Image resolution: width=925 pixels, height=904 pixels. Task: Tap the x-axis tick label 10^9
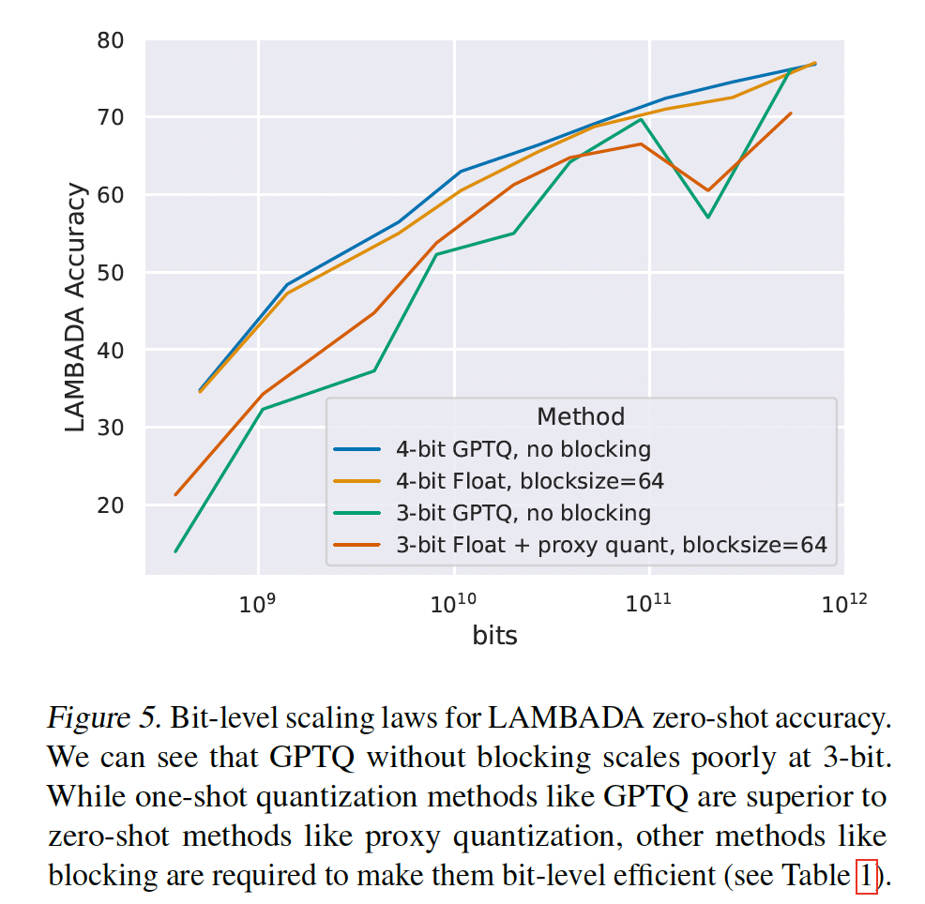pyautogui.click(x=256, y=602)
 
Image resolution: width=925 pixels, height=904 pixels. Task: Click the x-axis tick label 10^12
pyautogui.click(x=841, y=602)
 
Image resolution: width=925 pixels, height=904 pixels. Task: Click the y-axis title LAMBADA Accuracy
pyautogui.click(x=76, y=308)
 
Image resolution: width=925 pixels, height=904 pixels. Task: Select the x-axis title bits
pyautogui.click(x=495, y=636)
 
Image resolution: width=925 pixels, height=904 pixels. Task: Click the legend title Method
pyautogui.click(x=581, y=415)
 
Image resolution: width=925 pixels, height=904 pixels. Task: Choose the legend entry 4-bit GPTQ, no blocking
pyautogui.click(x=523, y=449)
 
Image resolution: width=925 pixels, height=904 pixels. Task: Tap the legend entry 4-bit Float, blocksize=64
pyautogui.click(x=529, y=481)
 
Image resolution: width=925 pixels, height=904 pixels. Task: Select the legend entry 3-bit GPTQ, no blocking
pyautogui.click(x=523, y=513)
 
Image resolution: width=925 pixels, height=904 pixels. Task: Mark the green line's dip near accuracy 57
pyautogui.click(x=708, y=218)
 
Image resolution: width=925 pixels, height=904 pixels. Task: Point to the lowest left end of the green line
pyautogui.click(x=175, y=551)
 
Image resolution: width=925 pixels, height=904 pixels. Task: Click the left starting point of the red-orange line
pyautogui.click(x=175, y=494)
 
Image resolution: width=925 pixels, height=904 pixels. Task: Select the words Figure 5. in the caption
pyautogui.click(x=105, y=720)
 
